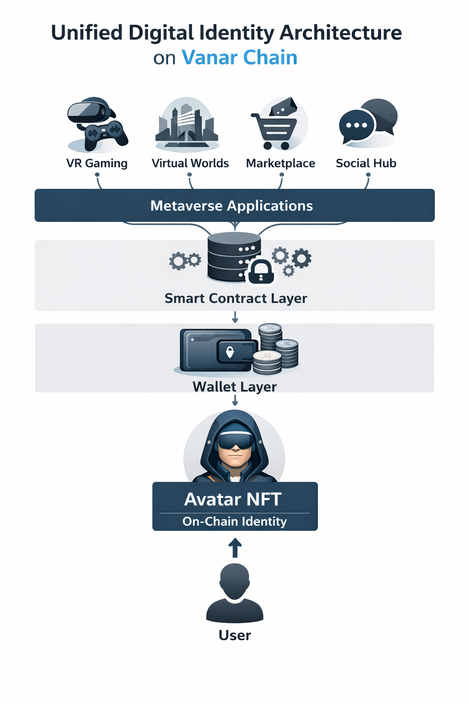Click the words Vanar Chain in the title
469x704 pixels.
pos(240,58)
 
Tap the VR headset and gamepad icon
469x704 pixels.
pos(97,124)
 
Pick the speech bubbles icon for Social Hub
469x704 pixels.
pos(367,122)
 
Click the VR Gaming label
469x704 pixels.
pos(97,163)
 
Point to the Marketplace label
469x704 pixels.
pos(280,163)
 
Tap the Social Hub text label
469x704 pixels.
pos(366,163)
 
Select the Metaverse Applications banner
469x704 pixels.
pos(234,205)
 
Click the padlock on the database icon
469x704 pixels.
pos(261,272)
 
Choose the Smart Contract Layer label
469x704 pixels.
pos(235,298)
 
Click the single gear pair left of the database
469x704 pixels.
pos(184,261)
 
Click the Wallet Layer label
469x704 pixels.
pos(234,386)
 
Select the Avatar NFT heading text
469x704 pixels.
pos(233,499)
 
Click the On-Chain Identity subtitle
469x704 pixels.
pos(234,522)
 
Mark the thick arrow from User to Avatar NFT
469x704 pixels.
pos(235,548)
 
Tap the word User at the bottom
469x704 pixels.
pos(234,635)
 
